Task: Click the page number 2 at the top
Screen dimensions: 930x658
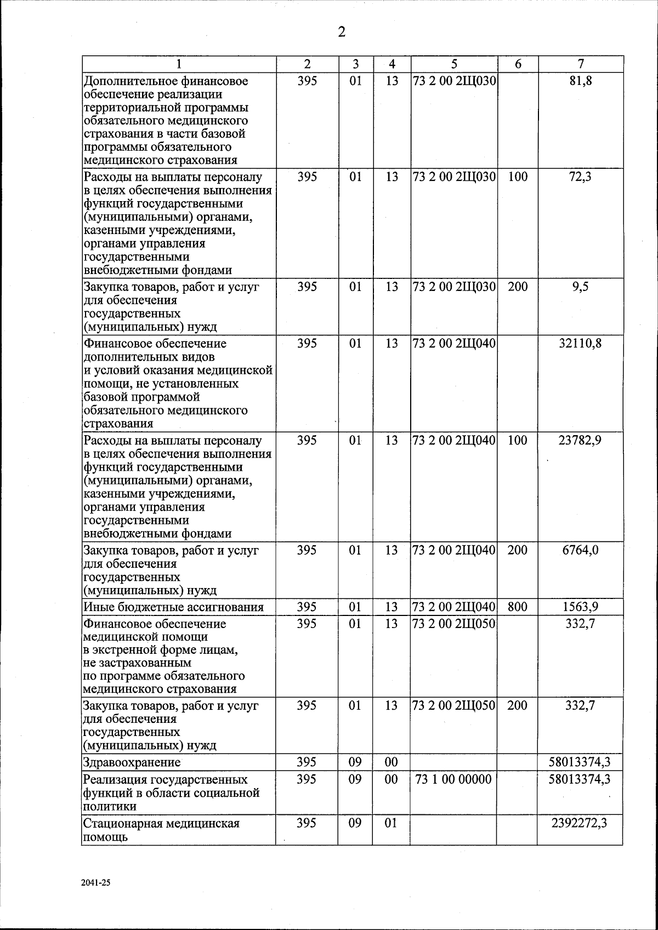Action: [341, 32]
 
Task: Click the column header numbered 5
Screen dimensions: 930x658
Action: [454, 64]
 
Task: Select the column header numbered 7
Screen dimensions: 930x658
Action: [581, 64]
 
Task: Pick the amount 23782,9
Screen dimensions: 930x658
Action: [580, 441]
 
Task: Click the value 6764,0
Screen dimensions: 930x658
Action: [580, 550]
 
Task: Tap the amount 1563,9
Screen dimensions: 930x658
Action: [580, 607]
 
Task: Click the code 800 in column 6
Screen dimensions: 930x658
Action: [518, 607]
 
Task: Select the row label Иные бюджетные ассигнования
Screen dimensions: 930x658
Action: [173, 607]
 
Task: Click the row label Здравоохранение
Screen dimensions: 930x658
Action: [132, 762]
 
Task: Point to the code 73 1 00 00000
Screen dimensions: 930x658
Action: [454, 779]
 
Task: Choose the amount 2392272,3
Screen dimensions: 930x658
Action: [580, 823]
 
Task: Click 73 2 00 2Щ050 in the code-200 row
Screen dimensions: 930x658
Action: [454, 706]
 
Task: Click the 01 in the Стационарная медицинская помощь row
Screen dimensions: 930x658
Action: [390, 823]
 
